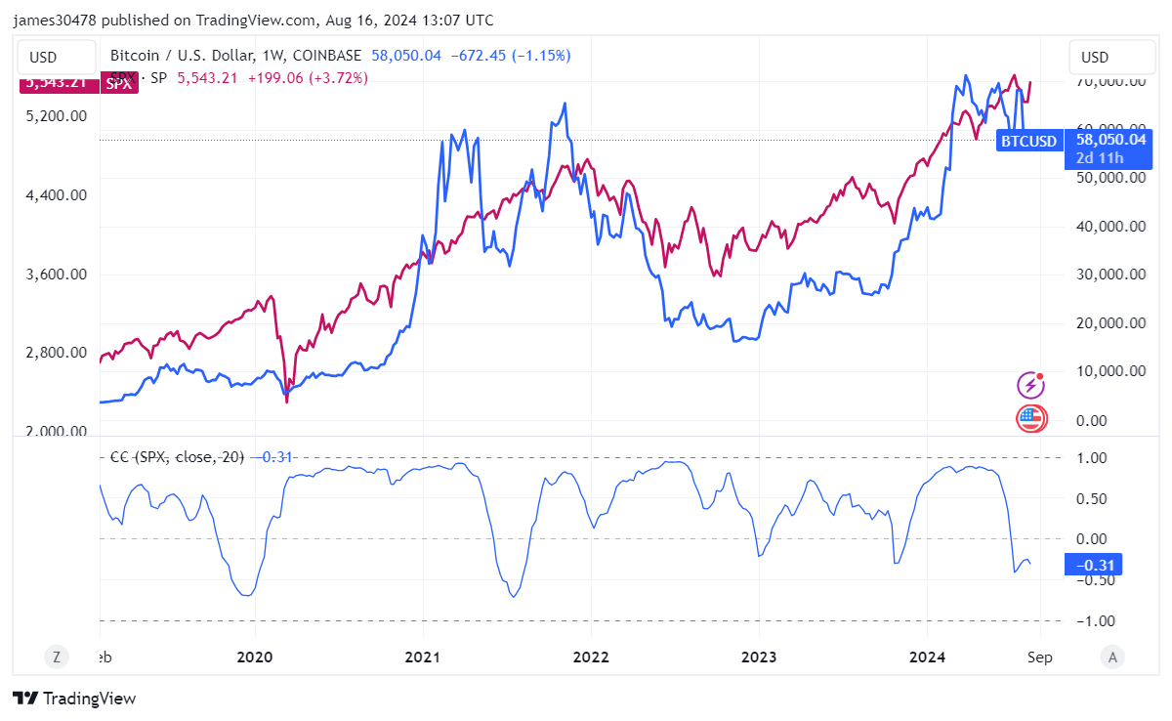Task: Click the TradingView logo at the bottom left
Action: [x=74, y=699]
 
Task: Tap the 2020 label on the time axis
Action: [x=254, y=657]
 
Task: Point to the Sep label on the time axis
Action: [x=1040, y=657]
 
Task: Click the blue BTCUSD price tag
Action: [x=1028, y=142]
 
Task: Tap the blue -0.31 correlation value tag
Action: [x=1093, y=565]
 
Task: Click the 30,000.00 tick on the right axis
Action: [x=1109, y=275]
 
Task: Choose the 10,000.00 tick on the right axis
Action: [x=1109, y=371]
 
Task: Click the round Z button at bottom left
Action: [x=56, y=657]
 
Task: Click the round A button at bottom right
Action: [x=1111, y=657]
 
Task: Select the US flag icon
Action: [x=1030, y=419]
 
